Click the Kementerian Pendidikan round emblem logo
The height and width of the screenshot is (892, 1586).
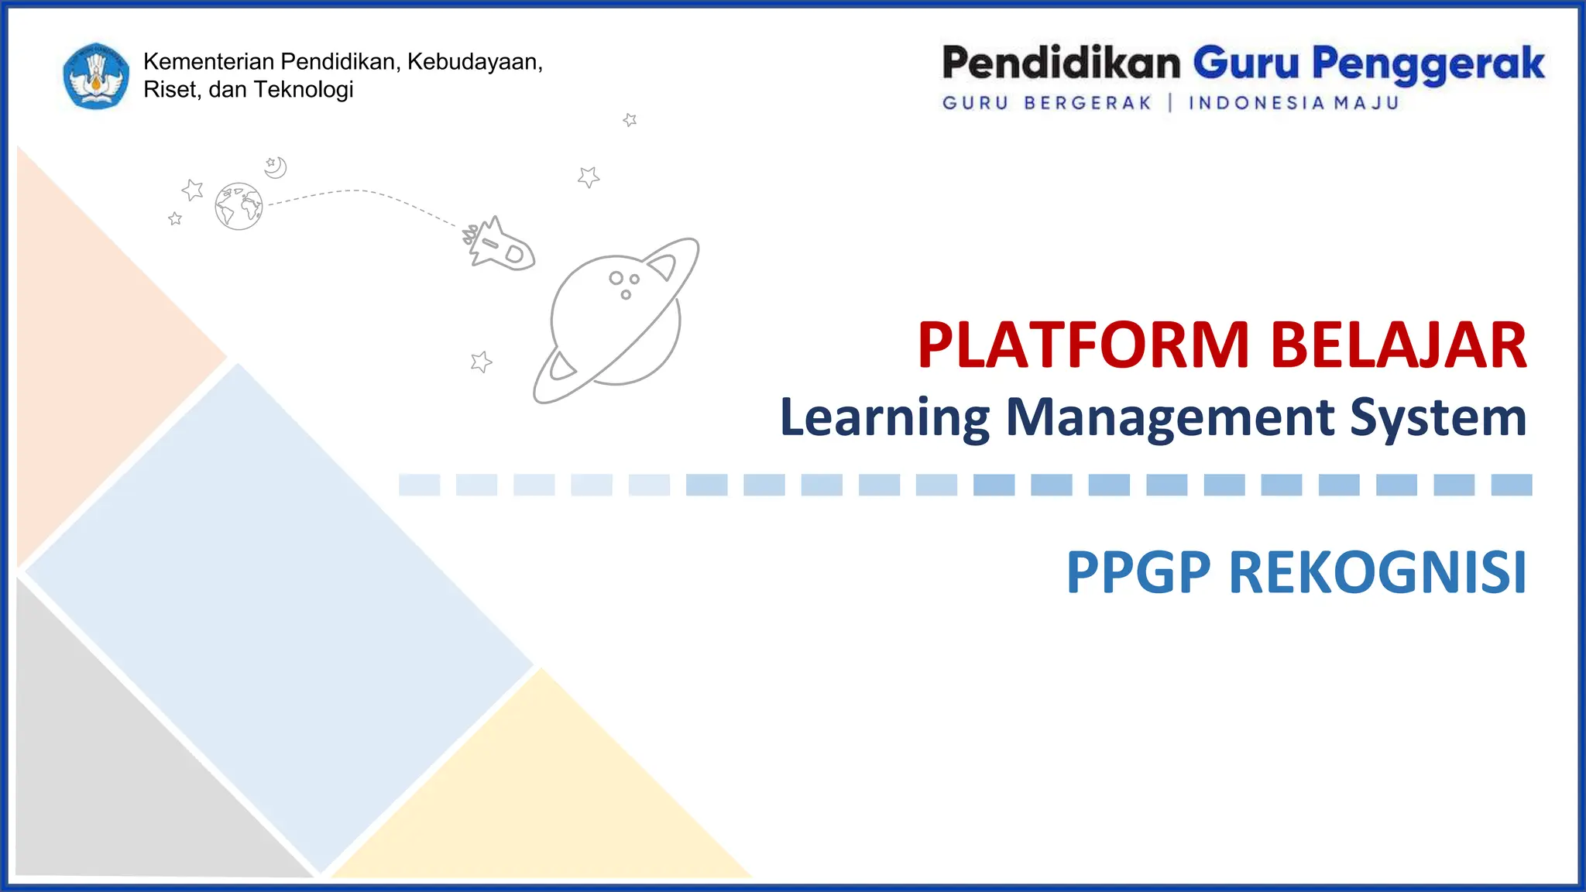[x=96, y=76]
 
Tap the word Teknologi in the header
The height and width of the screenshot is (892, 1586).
[x=304, y=90]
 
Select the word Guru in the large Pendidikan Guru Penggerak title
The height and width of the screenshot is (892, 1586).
[x=1245, y=63]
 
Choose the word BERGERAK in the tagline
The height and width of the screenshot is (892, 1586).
[x=1087, y=103]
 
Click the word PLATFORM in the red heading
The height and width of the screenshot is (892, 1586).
[x=1083, y=345]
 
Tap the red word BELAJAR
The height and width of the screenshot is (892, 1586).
[x=1399, y=345]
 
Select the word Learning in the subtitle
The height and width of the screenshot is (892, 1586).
[x=884, y=418]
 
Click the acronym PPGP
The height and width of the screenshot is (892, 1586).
[x=1138, y=573]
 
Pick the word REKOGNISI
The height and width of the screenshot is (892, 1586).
[x=1378, y=573]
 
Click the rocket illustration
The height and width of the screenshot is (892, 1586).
[x=499, y=244]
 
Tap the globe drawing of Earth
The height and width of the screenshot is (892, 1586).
[x=239, y=207]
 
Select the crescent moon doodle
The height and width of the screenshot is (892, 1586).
[x=276, y=167]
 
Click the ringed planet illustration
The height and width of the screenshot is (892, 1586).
[x=616, y=321]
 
